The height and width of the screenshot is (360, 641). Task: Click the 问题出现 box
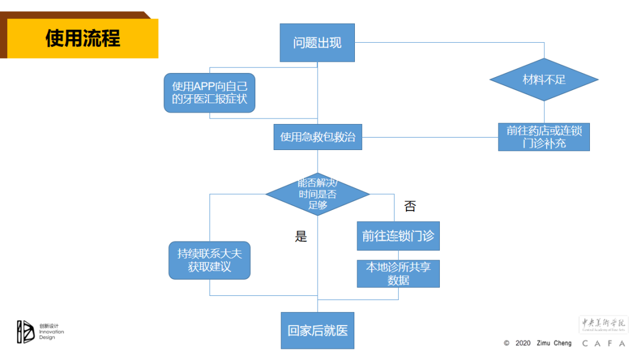pos(317,43)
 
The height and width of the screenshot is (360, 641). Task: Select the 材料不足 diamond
pos(544,79)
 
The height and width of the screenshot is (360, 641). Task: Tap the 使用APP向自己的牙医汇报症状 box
pos(210,93)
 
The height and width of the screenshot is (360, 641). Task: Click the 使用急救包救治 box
pos(318,137)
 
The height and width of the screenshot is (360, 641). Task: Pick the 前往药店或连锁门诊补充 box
pos(544,136)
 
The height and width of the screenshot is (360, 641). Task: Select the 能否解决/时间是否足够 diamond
pos(318,194)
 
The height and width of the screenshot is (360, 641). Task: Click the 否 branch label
pos(410,206)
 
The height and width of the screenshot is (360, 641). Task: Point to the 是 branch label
pos(301,237)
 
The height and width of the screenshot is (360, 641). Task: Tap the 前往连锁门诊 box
pos(398,236)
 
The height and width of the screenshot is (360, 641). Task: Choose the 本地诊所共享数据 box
pos(398,273)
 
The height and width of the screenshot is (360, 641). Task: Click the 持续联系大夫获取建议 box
pos(210,260)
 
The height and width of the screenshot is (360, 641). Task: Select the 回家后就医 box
pos(317,330)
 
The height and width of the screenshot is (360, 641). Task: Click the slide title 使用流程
pos(82,39)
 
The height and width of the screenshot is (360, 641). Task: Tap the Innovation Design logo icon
pos(26,332)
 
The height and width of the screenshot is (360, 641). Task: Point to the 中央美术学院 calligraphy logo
pos(603,324)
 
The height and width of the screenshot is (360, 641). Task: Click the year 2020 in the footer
pos(523,343)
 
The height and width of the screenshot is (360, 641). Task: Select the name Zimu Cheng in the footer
pos(554,343)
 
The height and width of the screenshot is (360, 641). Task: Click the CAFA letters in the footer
pos(604,343)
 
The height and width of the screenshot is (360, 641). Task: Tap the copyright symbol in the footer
pos(506,343)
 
